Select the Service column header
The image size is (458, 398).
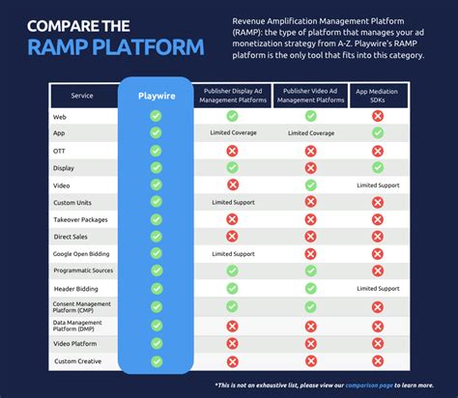pyautogui.click(x=82, y=95)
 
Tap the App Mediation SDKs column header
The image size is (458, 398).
pyautogui.click(x=378, y=95)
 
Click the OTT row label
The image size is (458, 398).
pyautogui.click(x=60, y=150)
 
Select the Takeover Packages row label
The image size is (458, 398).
pyautogui.click(x=81, y=219)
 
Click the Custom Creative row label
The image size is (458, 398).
pyautogui.click(x=78, y=360)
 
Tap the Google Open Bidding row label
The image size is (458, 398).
pyautogui.click(x=84, y=254)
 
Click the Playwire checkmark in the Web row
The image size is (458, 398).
pyautogui.click(x=156, y=116)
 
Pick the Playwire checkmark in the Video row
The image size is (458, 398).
pyautogui.click(x=156, y=185)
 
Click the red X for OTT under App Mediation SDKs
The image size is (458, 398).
pyautogui.click(x=378, y=151)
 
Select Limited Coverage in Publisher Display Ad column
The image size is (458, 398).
pyautogui.click(x=232, y=132)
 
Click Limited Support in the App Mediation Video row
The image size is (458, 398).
pyautogui.click(x=378, y=185)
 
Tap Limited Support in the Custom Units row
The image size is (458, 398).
pyautogui.click(x=232, y=202)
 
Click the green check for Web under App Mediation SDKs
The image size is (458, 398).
pyautogui.click(x=378, y=116)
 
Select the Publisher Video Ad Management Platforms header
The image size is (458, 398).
pyautogui.click(x=309, y=95)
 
